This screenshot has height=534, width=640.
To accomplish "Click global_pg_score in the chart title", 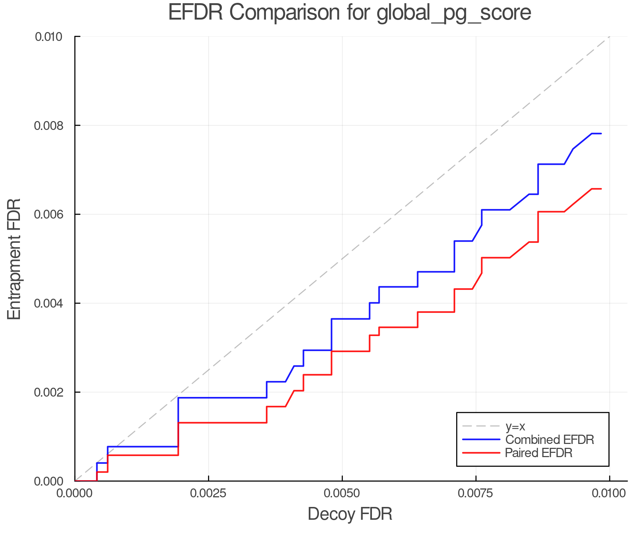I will click(x=453, y=13).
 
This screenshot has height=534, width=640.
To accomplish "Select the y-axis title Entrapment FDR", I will click(x=14, y=259).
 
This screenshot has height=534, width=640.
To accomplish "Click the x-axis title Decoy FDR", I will click(x=350, y=514).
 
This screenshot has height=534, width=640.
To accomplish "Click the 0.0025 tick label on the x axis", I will click(x=208, y=493).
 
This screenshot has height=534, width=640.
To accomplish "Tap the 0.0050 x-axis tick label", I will click(x=342, y=493).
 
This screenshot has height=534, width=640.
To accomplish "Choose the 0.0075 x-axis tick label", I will click(x=476, y=493).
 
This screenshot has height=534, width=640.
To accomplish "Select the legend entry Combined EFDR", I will click(x=549, y=440).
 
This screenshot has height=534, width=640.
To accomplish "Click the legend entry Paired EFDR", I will click(x=539, y=453).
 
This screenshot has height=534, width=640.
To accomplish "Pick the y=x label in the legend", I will click(x=515, y=426).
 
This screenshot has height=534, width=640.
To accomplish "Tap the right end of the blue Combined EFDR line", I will click(x=601, y=133).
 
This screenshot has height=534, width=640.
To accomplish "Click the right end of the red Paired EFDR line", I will click(x=601, y=189).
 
